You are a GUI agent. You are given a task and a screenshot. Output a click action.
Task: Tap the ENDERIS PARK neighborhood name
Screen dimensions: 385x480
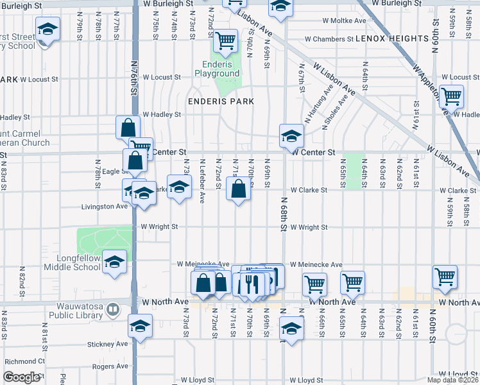[x=221, y=101]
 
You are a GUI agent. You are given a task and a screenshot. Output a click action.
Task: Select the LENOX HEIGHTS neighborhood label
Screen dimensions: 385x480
[x=392, y=38]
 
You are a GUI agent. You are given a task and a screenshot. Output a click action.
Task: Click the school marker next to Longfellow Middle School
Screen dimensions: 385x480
[x=115, y=262]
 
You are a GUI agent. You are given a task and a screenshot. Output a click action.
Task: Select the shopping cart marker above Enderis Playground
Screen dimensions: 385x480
[x=225, y=41]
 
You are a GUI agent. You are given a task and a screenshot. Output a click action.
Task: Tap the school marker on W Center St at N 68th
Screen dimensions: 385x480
[x=291, y=136]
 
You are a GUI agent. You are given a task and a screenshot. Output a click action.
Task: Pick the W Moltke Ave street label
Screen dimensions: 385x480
[x=344, y=21]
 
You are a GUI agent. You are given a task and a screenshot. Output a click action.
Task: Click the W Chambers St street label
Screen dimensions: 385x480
[x=329, y=38]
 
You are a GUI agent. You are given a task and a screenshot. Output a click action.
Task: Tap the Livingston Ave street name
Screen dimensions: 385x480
[x=104, y=207]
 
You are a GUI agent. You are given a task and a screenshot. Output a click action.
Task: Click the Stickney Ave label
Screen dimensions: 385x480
[x=109, y=344]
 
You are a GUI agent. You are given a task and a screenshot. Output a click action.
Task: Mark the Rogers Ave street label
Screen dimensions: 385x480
[x=111, y=366]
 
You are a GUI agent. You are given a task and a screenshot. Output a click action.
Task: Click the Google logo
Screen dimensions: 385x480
[x=22, y=378]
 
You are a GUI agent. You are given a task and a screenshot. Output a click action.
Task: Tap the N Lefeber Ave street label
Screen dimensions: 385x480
[x=202, y=179]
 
